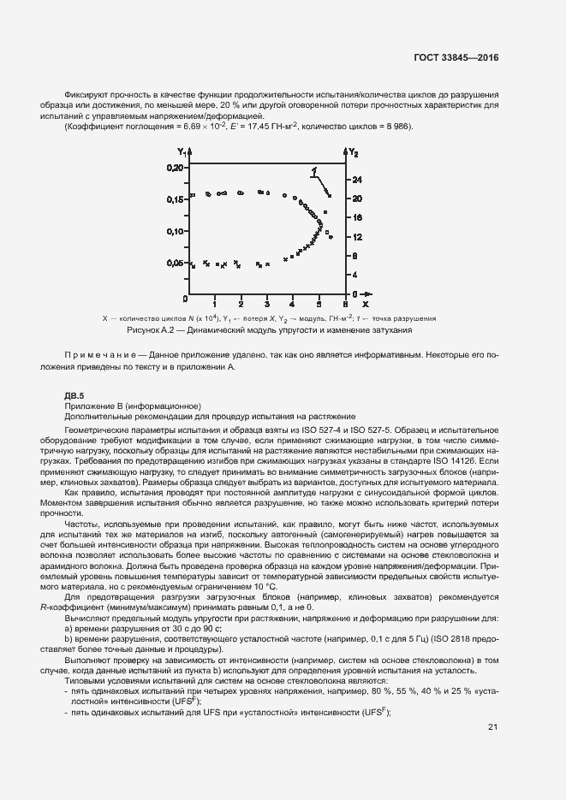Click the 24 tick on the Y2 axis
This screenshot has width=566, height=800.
359,180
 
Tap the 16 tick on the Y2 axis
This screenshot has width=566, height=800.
359,217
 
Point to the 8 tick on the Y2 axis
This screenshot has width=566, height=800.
357,256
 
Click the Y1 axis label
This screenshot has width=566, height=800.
182,151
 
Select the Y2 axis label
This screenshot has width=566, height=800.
353,151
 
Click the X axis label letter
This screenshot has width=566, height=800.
365,304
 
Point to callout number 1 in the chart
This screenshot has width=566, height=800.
316,169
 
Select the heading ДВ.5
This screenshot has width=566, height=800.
74,394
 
